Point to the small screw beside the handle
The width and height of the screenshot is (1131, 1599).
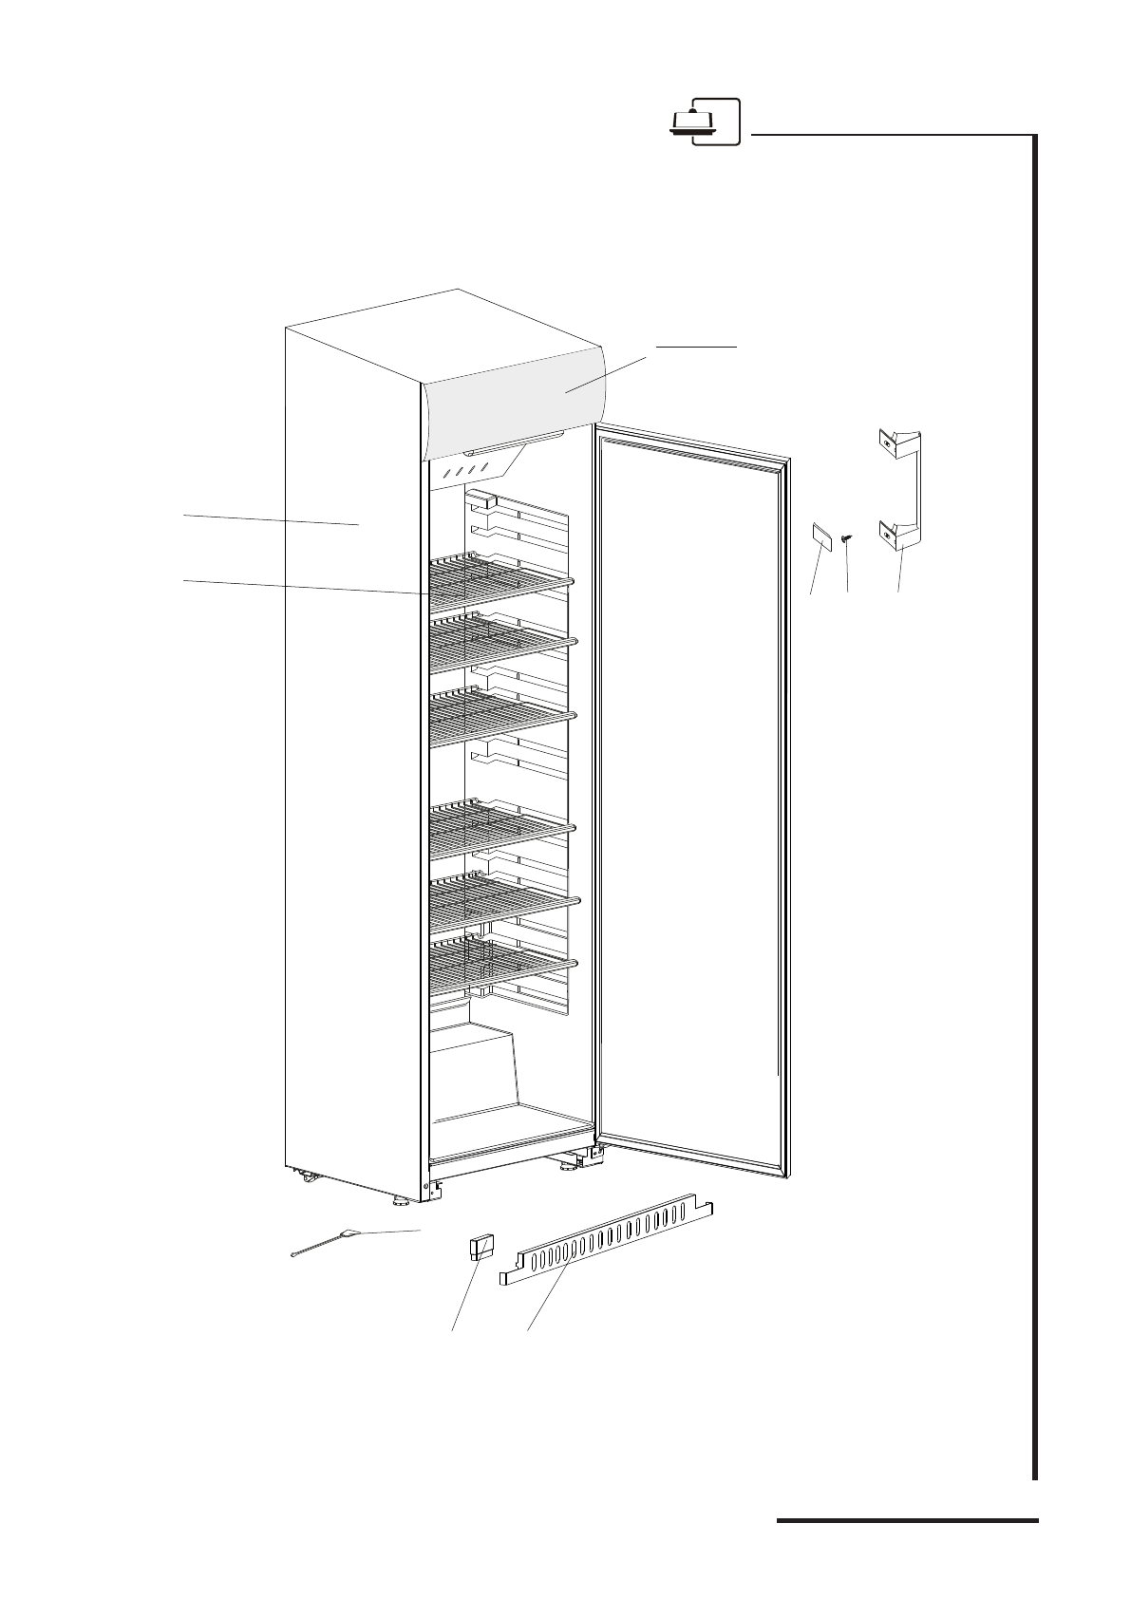click(847, 539)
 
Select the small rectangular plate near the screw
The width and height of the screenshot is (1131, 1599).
click(820, 535)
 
